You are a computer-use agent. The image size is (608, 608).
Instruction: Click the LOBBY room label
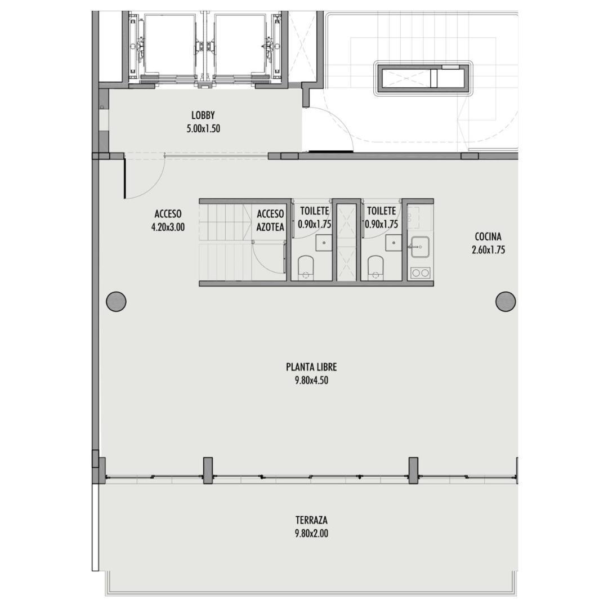[x=203, y=115]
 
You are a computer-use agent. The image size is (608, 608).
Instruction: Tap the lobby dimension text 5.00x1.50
[x=203, y=129]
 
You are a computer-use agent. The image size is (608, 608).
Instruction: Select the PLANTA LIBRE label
[x=311, y=367]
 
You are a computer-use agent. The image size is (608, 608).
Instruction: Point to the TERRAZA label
[x=311, y=520]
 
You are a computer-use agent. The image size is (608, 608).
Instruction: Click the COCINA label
[x=488, y=236]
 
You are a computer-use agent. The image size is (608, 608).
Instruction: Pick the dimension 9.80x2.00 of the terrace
[x=311, y=534]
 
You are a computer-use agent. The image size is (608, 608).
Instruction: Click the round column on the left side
[x=117, y=301]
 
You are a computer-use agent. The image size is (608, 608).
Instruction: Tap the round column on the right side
[x=506, y=301]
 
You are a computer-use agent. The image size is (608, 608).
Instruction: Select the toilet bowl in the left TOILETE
[x=306, y=267]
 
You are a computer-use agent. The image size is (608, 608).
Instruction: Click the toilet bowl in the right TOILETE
[x=375, y=267]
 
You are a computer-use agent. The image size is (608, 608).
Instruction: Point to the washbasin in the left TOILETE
[x=323, y=243]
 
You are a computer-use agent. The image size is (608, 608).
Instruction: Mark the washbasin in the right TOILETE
[x=394, y=243]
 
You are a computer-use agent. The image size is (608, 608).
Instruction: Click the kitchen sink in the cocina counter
[x=421, y=247]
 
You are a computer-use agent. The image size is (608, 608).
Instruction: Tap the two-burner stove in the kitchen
[x=421, y=272]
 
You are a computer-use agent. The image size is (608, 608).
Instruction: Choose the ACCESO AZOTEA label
[x=270, y=220]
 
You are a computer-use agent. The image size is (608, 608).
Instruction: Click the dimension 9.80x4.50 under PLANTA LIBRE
[x=311, y=381]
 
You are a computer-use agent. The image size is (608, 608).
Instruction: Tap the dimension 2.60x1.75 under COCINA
[x=488, y=250]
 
